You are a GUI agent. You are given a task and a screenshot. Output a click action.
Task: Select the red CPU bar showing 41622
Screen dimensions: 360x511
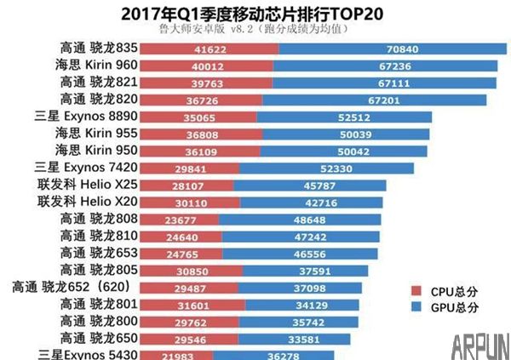click(206, 51)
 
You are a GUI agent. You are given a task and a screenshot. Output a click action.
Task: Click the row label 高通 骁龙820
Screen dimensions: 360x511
click(95, 100)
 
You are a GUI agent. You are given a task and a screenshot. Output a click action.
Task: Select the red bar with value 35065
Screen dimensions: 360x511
click(198, 117)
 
